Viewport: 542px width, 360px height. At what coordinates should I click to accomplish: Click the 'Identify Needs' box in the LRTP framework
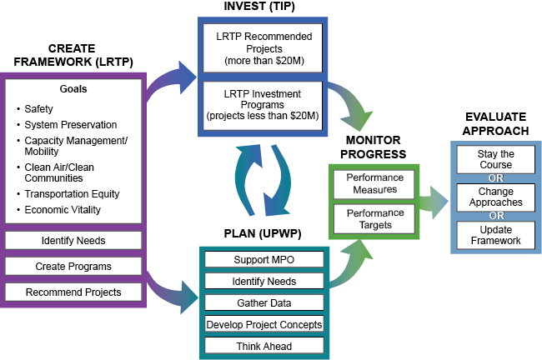tap(73, 241)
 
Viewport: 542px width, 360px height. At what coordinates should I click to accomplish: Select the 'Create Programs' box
tap(73, 267)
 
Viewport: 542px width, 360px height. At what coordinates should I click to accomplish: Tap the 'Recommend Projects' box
tap(73, 292)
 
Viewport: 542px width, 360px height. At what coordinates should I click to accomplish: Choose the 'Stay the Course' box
tap(495, 159)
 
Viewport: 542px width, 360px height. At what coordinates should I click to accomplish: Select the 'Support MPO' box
tap(263, 260)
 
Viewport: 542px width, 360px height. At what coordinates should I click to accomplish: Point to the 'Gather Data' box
tap(263, 302)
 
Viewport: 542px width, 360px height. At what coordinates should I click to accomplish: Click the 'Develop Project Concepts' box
tap(263, 324)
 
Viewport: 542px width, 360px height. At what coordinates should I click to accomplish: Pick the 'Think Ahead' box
tap(263, 345)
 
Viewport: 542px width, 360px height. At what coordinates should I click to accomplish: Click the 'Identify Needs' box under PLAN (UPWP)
tap(263, 282)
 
